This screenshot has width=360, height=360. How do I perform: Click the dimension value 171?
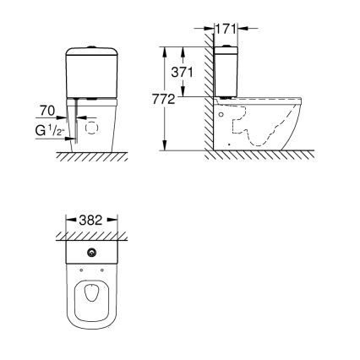(x=224, y=28)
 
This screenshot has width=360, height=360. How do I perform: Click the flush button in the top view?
(x=90, y=253)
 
